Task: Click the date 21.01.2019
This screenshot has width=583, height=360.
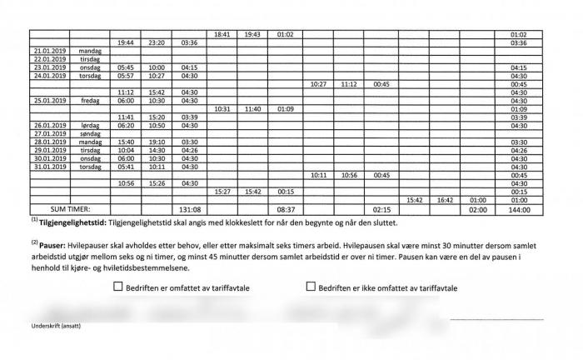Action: pos(49,51)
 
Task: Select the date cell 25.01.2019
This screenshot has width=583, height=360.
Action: pos(49,100)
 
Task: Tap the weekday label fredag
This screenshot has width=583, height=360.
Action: pos(89,100)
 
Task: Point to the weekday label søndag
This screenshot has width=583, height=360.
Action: pos(89,133)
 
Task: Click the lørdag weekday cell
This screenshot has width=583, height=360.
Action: pos(89,125)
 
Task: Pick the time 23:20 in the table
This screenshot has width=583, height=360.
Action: pos(156,42)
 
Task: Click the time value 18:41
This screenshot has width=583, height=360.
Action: pos(222,34)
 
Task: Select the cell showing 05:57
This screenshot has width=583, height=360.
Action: pos(126,76)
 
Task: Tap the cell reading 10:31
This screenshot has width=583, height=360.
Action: pos(222,108)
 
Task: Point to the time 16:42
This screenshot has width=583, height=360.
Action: pos(445,200)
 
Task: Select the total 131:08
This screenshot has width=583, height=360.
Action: pos(190,210)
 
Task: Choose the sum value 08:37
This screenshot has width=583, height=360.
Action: pos(286,210)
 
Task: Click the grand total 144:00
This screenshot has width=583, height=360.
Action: pos(518,210)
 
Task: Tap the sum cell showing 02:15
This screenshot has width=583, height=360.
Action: pos(382,210)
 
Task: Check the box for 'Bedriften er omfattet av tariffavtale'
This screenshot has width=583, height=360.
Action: pos(117,287)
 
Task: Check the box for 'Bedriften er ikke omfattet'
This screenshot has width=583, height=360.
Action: pos(311,287)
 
